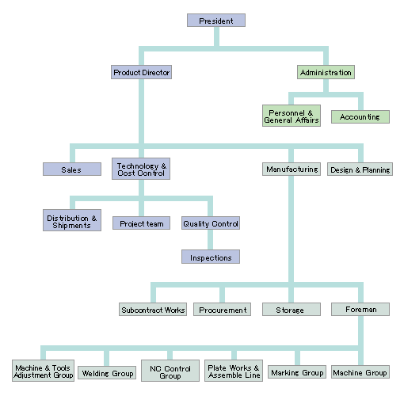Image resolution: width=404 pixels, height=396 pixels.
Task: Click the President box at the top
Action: tap(216, 21)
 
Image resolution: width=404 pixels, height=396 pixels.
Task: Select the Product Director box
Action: tap(141, 72)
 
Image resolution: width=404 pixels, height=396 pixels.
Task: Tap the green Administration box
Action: tap(326, 72)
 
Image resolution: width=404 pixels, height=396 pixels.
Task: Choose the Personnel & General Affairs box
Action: tap(292, 116)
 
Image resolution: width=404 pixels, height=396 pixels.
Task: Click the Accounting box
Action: tap(360, 116)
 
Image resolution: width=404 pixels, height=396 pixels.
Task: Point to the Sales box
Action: tap(72, 169)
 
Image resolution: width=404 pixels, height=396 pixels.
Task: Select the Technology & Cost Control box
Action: tap(141, 169)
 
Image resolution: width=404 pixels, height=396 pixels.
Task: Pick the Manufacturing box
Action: tap(292, 169)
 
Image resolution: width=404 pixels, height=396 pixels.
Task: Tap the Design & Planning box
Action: tap(360, 169)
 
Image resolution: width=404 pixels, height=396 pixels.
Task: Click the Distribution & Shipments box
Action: tap(72, 220)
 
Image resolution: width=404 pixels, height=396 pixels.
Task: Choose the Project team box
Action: tap(141, 223)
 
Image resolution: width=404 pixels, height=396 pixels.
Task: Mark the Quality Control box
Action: tap(211, 223)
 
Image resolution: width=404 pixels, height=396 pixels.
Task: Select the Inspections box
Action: tap(211, 257)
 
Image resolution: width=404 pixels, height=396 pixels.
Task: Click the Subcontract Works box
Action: tap(153, 309)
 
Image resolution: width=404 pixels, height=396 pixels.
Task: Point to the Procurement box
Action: tap(222, 309)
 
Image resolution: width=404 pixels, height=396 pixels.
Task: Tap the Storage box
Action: tap(292, 309)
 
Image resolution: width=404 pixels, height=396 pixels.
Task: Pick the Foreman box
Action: tap(360, 309)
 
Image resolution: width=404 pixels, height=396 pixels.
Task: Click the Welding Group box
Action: tap(107, 372)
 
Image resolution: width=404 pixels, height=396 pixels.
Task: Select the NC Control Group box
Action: tap(170, 371)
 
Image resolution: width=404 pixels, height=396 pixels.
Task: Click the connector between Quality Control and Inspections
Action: tap(211, 240)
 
